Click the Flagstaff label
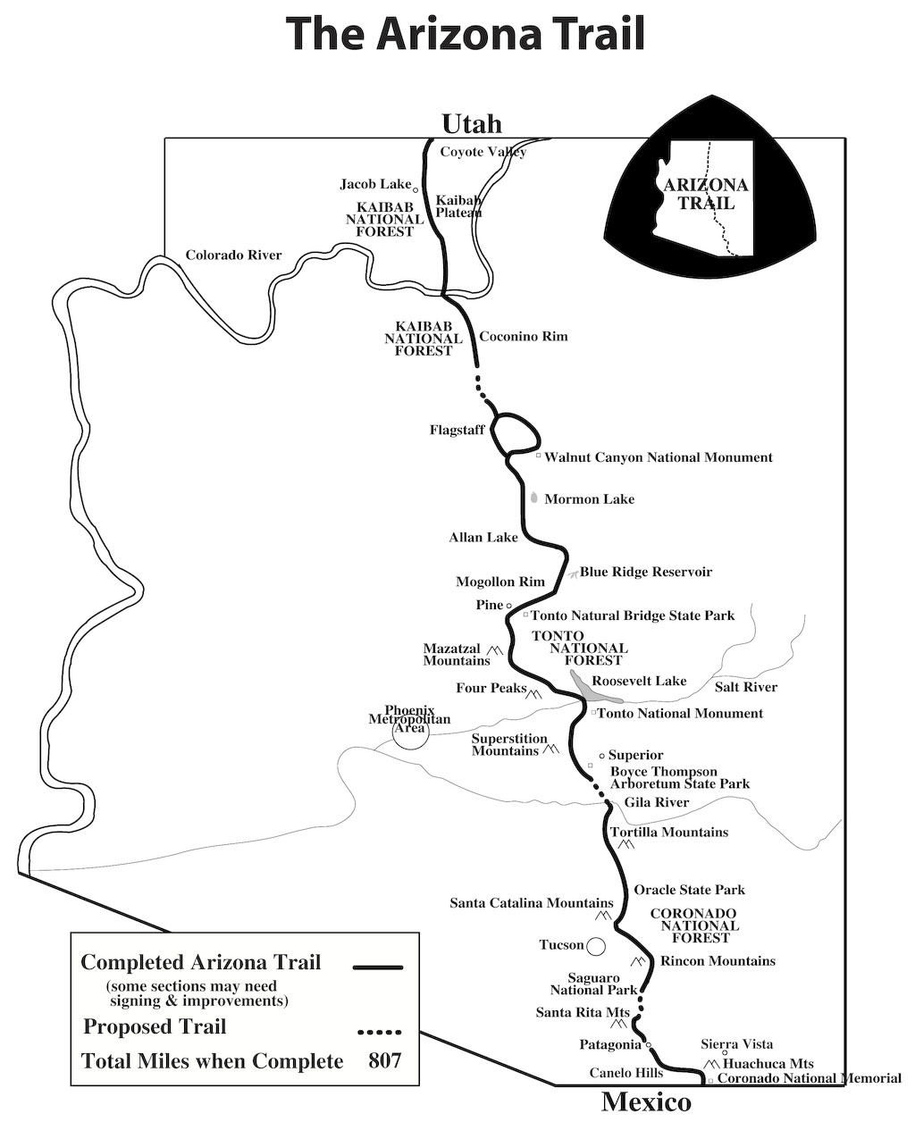pyautogui.click(x=457, y=431)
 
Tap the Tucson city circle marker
pyautogui.click(x=596, y=945)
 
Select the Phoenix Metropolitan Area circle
pyautogui.click(x=410, y=733)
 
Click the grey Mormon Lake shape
pyautogui.click(x=534, y=498)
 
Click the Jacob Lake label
pyautogui.click(x=375, y=184)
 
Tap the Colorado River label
pyautogui.click(x=233, y=255)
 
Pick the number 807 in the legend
pyautogui.click(x=385, y=1061)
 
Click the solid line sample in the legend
pyautogui.click(x=379, y=967)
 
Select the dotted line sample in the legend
pyautogui.click(x=379, y=1032)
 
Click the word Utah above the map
pyautogui.click(x=472, y=123)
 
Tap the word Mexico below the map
pyautogui.click(x=646, y=1101)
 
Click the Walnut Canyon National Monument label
pyautogui.click(x=659, y=457)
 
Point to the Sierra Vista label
pyautogui.click(x=737, y=1044)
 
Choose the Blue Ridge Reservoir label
pyautogui.click(x=646, y=572)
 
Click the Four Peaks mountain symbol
pyautogui.click(x=535, y=694)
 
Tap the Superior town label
pyautogui.click(x=635, y=756)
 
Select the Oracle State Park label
pyautogui.click(x=689, y=890)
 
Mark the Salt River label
pyautogui.click(x=746, y=687)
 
